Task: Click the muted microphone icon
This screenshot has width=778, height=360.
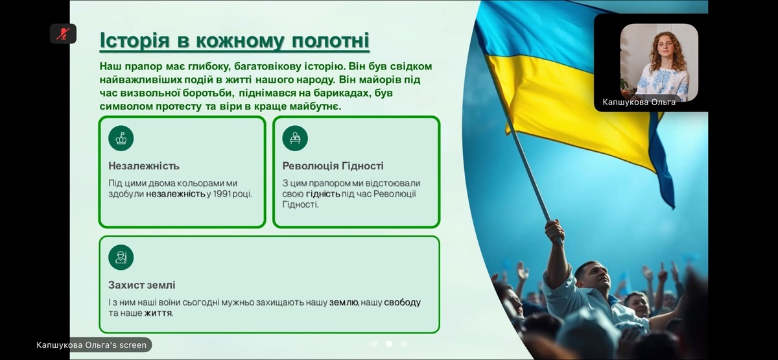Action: coord(63,34)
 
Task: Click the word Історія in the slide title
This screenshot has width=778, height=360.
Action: coord(135,40)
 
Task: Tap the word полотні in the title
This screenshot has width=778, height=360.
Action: coord(330,40)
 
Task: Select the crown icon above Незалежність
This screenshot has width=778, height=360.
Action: coord(121,138)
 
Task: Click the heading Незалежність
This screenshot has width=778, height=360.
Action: coord(144,166)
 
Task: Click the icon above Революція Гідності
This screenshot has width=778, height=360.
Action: coord(295,138)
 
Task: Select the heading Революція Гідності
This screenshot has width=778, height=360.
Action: coord(333,166)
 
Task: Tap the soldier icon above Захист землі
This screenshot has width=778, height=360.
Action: coord(121,258)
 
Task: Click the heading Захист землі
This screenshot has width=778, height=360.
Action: coord(142,285)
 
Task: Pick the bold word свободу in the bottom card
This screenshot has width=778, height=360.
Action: coord(402,303)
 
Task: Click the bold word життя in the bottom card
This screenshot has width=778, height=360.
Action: coord(158,313)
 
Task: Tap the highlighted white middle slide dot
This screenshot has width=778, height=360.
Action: coord(389,344)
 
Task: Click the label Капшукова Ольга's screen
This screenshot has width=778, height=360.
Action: coord(91,345)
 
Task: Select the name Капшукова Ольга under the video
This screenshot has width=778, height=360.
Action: coord(639,102)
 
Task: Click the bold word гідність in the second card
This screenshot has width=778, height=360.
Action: coord(323,194)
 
